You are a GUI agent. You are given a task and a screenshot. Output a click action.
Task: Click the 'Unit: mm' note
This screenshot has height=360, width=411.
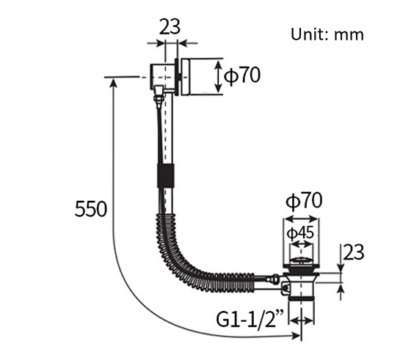327,34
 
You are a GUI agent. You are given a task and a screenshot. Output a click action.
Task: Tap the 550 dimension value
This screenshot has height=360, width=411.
92,209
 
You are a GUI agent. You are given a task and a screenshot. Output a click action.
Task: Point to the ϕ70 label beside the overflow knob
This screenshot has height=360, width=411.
243,76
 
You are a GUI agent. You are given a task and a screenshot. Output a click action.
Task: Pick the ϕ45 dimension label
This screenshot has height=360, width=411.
300,233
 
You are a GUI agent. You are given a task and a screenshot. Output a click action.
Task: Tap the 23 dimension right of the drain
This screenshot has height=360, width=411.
354,252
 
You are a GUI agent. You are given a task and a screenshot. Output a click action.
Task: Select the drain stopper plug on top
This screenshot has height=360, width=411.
302,260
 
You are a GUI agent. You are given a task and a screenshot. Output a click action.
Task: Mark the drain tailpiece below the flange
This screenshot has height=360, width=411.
302,297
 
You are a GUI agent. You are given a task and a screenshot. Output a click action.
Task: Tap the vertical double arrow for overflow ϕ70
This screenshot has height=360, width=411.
219,76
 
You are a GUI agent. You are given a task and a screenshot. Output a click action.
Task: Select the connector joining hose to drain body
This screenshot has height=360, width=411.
273,279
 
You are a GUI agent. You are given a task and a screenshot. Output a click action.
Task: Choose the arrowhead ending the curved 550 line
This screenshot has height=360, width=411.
297,336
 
